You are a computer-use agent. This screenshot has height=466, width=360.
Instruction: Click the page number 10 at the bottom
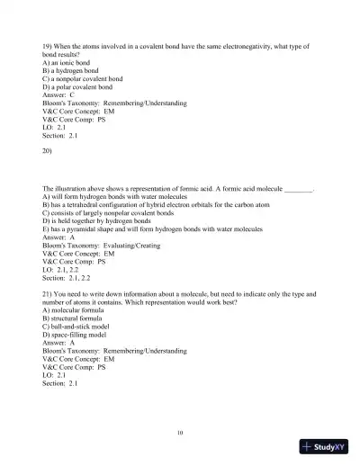tap(180, 433)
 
